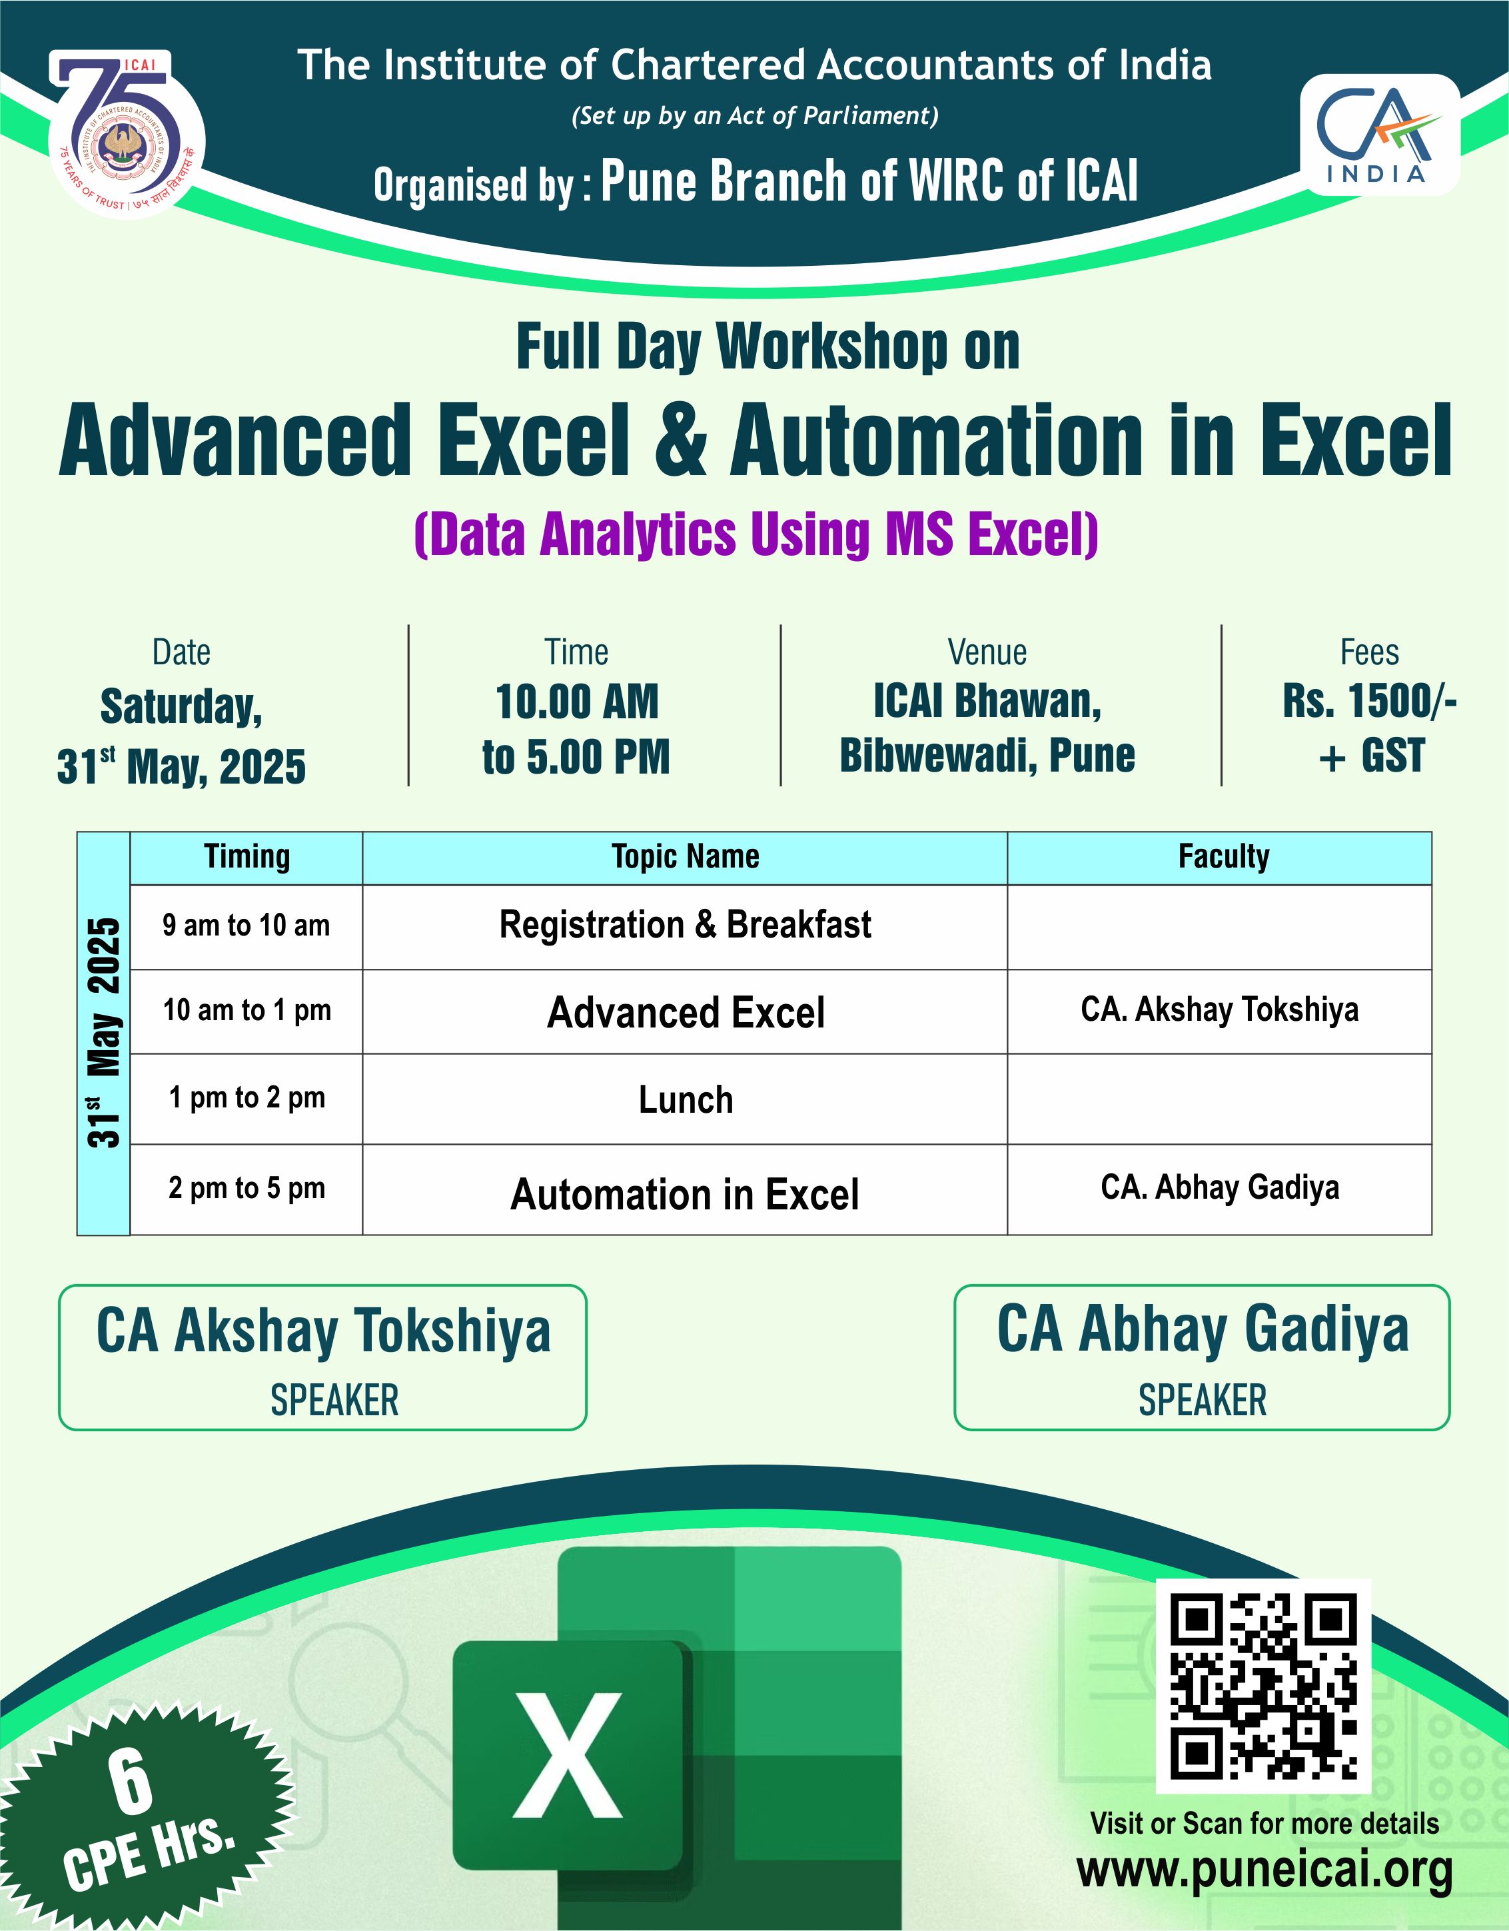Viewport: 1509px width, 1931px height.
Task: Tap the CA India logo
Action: [1379, 135]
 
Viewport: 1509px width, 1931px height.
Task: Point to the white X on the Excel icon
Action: [568, 1755]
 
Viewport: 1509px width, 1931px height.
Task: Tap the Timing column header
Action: [247, 857]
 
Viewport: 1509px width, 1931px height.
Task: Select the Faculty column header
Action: [1223, 857]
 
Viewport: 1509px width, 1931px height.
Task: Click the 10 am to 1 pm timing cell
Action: [247, 1011]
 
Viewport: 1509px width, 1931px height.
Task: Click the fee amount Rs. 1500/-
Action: [1369, 702]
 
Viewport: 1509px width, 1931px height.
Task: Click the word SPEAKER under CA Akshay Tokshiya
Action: [334, 1401]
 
